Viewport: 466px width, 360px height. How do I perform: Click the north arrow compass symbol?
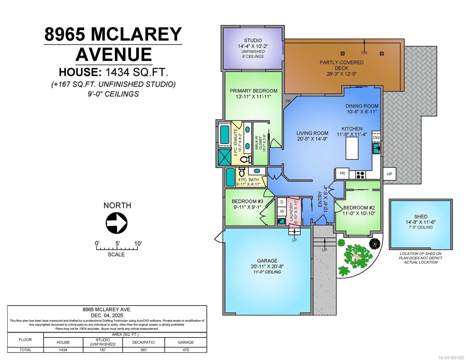pyautogui.click(x=116, y=223)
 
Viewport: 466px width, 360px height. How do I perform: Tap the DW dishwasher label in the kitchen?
pyautogui.click(x=376, y=138)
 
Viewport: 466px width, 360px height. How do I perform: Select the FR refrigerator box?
pyautogui.click(x=342, y=173)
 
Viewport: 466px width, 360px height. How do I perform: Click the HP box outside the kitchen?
pyautogui.click(x=389, y=174)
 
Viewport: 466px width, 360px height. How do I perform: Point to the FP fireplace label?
pyautogui.click(x=288, y=101)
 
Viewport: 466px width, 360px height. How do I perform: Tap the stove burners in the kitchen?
pyautogui.click(x=360, y=174)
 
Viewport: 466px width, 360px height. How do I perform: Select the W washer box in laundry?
pyautogui.click(x=282, y=211)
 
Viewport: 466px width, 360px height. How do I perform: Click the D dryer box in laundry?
pyautogui.click(x=282, y=202)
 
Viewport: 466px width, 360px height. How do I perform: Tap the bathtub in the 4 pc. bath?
pyautogui.click(x=230, y=177)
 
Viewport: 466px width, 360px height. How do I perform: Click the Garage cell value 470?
pyautogui.click(x=185, y=350)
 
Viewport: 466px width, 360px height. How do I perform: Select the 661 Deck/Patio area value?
pyautogui.click(x=143, y=350)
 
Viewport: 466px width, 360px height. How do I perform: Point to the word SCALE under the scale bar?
pyautogui.click(x=116, y=254)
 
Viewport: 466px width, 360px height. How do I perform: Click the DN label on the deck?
pyautogui.click(x=364, y=53)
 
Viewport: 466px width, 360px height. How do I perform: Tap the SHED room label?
pyautogui.click(x=421, y=217)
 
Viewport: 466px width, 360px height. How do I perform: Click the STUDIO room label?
pyautogui.click(x=253, y=40)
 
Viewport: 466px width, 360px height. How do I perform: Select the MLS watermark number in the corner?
pyautogui.click(x=451, y=357)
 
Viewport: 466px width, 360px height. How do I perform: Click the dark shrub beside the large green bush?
pyautogui.click(x=374, y=243)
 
